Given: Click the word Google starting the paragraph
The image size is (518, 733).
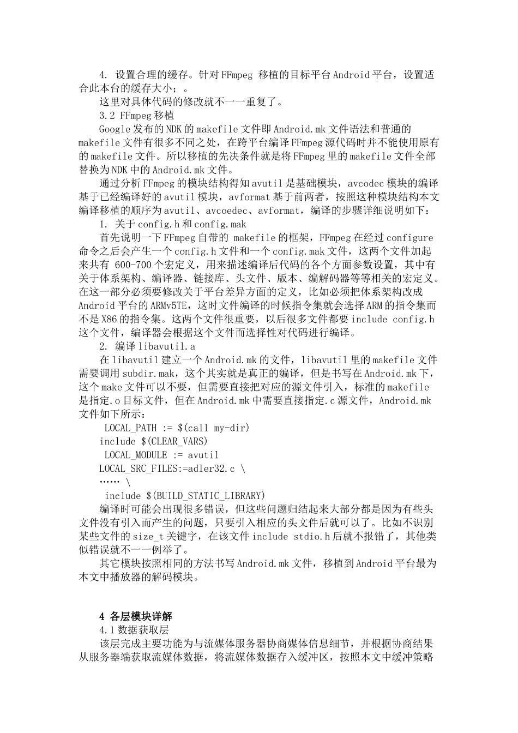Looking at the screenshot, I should pos(115,129).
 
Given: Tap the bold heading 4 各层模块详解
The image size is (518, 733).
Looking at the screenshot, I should pos(136,616).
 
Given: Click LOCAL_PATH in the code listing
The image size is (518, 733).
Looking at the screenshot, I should pos(130,428).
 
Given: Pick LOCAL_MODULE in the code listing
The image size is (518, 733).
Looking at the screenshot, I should pos(136,455).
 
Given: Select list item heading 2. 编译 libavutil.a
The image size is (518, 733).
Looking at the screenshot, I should pos(147,346).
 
